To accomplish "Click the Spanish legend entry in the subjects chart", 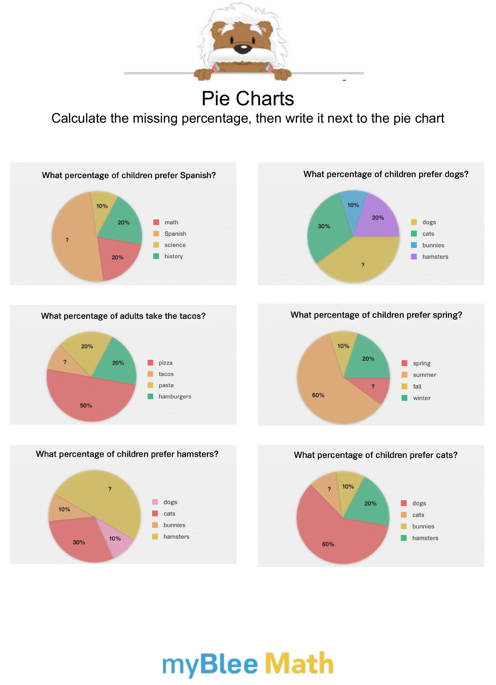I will point(175,234).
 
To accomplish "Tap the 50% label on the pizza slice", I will point(86,405).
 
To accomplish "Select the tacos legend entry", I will point(166,374).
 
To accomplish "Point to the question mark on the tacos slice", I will point(65,362).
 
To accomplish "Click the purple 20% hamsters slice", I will point(379,220).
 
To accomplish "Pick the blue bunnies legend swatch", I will point(414,245).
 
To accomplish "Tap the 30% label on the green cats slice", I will point(324,226).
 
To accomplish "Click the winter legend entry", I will point(422,398).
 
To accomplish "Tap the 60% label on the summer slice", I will point(318,395).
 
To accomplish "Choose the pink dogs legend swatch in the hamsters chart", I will point(155,502).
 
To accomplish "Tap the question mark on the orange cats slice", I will point(329,489).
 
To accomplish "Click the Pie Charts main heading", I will point(248,98).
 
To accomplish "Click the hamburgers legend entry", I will point(175,396).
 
